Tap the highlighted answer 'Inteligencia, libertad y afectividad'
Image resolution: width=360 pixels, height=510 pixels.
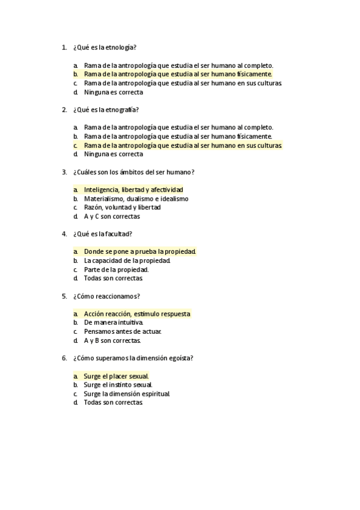click(x=133, y=189)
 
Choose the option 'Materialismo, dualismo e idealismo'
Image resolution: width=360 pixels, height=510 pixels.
click(x=136, y=198)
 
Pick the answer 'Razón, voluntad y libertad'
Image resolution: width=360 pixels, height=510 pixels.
click(x=122, y=207)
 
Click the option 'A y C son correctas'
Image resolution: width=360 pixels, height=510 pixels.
click(x=112, y=216)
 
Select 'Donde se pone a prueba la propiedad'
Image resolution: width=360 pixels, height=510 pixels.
click(x=140, y=251)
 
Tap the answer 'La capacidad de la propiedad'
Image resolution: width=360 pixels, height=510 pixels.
click(x=127, y=260)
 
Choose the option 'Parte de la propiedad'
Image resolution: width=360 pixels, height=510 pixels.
click(x=116, y=269)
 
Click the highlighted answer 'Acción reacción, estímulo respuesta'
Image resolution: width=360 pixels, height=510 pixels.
click(x=137, y=313)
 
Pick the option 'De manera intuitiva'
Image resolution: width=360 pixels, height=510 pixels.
click(x=114, y=322)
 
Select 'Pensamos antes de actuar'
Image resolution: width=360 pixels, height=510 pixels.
click(x=123, y=331)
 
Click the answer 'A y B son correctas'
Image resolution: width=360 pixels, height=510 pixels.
click(x=112, y=340)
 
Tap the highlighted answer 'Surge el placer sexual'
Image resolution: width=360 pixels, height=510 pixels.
click(x=116, y=376)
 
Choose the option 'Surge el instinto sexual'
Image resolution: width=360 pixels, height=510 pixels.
click(x=118, y=384)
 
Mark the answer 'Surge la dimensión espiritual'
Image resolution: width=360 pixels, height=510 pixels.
click(x=127, y=393)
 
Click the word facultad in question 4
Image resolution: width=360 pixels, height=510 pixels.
click(x=120, y=234)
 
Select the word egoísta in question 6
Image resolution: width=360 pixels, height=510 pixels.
click(x=182, y=358)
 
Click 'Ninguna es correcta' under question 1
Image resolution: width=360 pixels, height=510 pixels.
click(x=114, y=92)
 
